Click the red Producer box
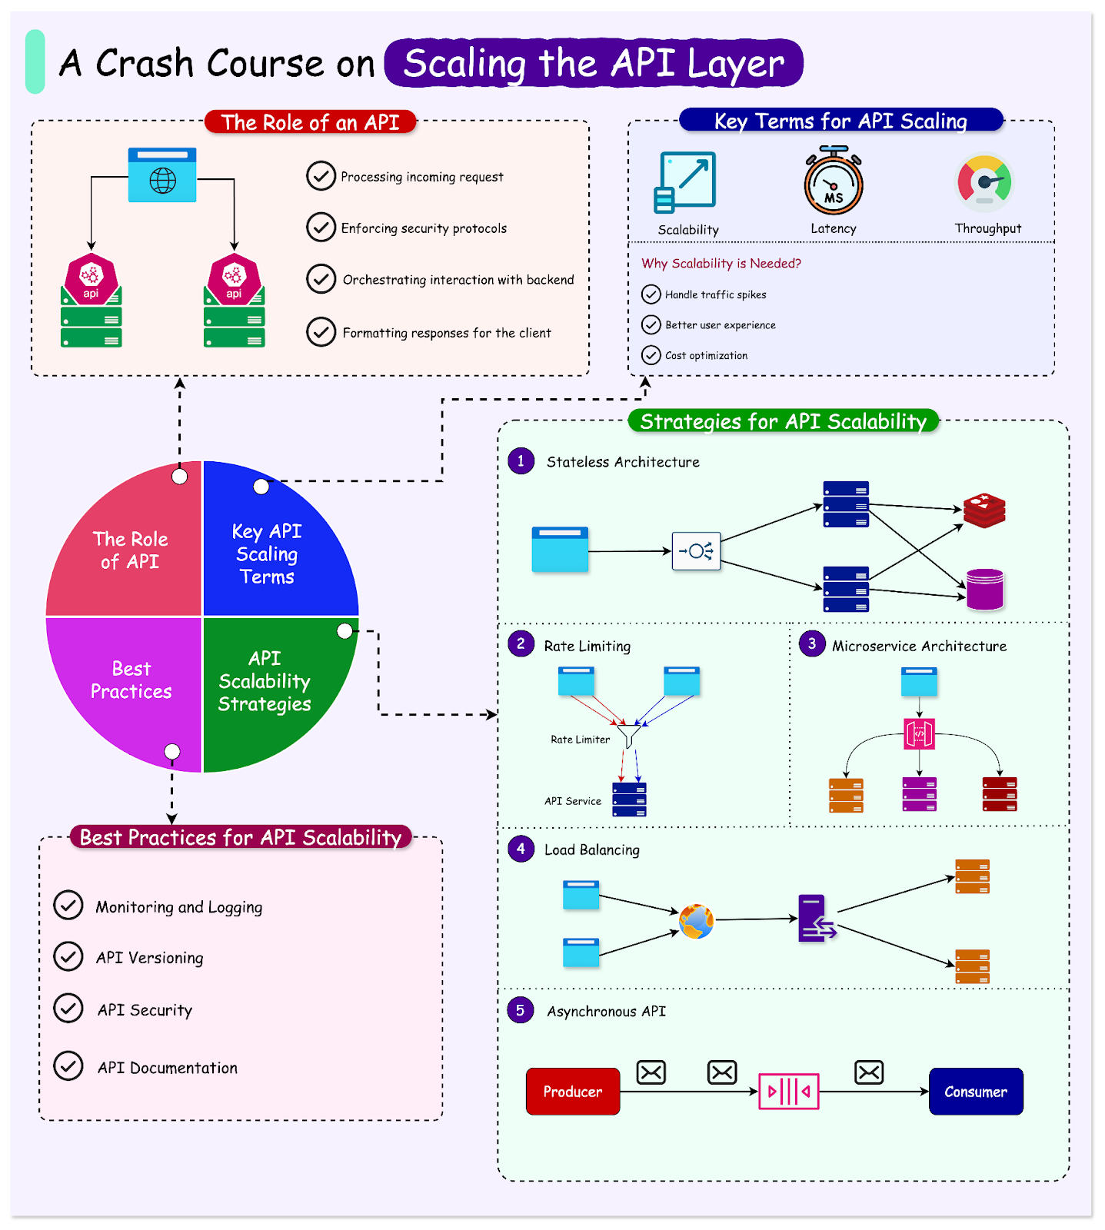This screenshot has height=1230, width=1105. click(x=572, y=1091)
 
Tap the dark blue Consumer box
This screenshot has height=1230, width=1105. click(x=975, y=1091)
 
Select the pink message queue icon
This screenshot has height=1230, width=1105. click(x=788, y=1091)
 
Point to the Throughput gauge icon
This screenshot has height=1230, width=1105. click(x=984, y=183)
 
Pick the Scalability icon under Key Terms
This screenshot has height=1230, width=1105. click(x=686, y=181)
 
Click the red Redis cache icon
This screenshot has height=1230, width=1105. click(x=984, y=511)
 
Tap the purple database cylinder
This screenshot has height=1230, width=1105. click(x=984, y=590)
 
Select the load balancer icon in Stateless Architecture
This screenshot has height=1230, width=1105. click(x=696, y=550)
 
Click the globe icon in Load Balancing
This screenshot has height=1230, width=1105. click(x=696, y=921)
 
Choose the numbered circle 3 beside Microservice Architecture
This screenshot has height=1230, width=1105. click(x=811, y=643)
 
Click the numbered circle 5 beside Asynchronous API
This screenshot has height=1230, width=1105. click(x=521, y=1010)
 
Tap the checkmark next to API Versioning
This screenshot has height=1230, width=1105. click(x=68, y=956)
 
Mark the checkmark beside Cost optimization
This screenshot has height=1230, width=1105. click(x=651, y=354)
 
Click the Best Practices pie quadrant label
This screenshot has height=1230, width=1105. click(x=131, y=680)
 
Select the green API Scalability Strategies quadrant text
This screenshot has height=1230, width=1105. click(x=265, y=681)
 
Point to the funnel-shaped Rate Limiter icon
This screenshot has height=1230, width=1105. click(x=629, y=735)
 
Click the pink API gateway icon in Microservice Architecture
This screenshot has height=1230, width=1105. click(x=919, y=733)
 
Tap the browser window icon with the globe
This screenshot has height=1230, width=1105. click(x=162, y=175)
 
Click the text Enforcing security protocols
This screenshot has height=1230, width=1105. click(x=424, y=228)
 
